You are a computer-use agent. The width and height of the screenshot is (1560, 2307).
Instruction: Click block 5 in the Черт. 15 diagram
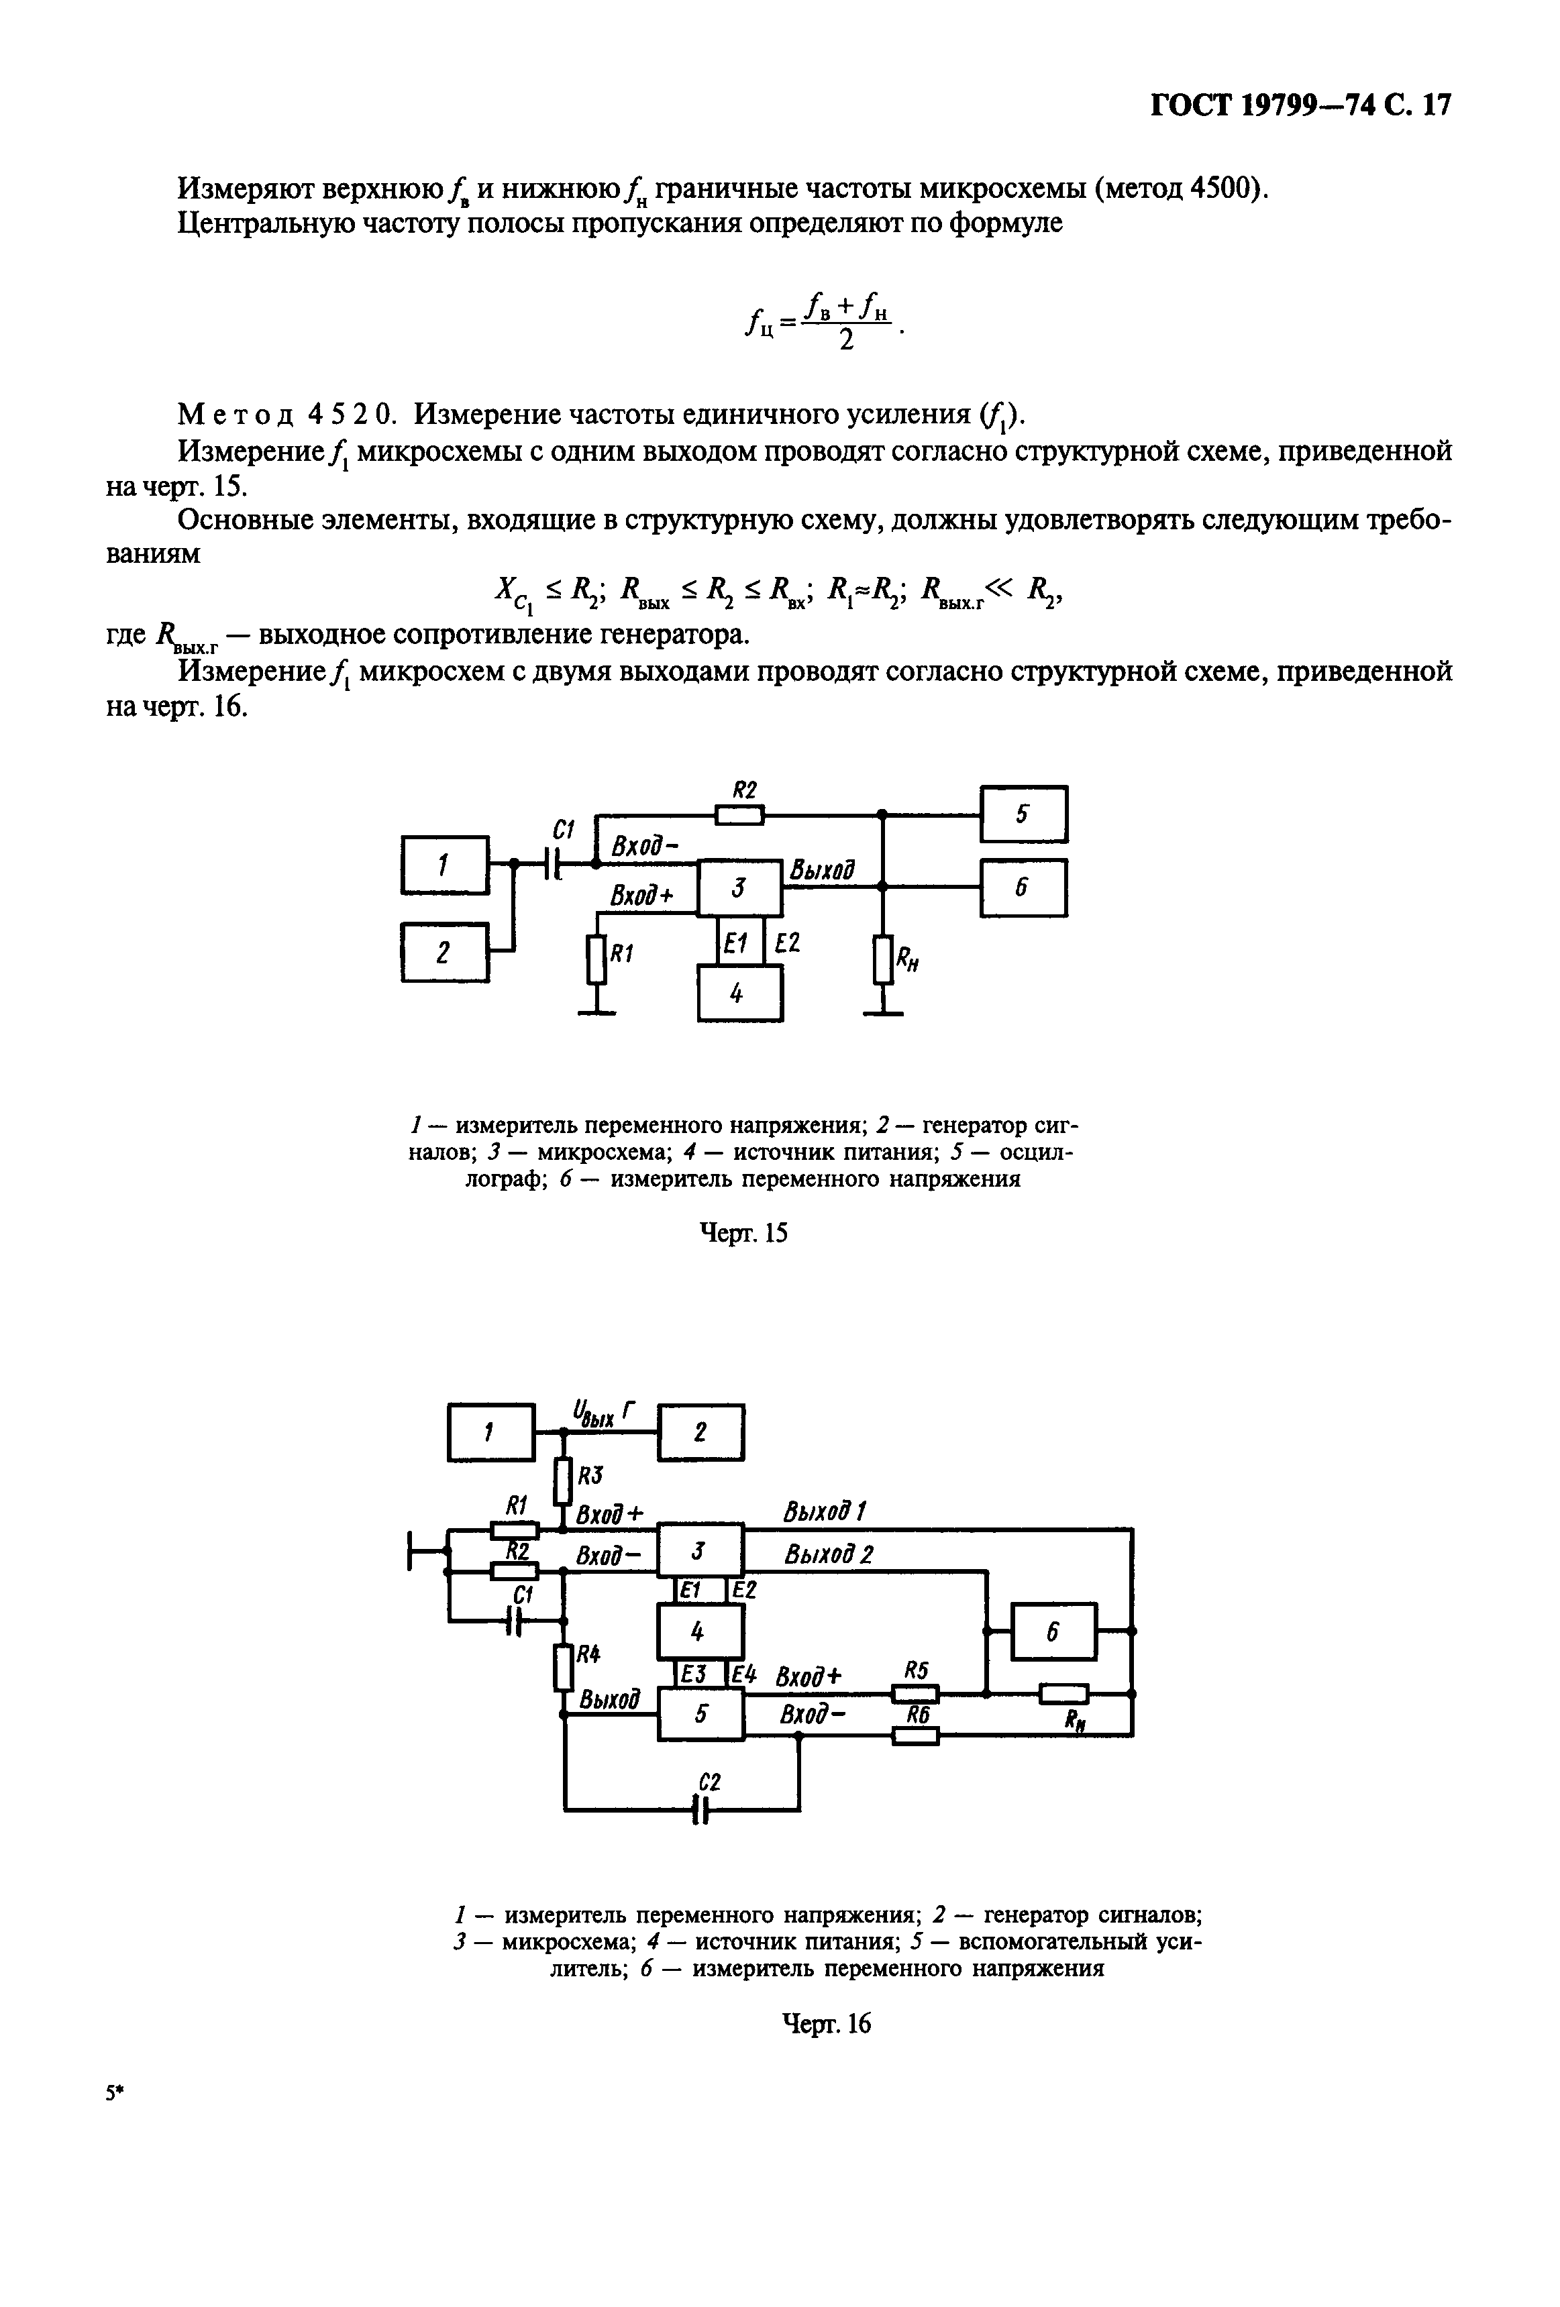click(1023, 814)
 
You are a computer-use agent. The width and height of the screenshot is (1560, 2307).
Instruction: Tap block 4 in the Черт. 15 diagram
click(739, 993)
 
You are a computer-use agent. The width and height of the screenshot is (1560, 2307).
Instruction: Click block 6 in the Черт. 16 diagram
click(1053, 1630)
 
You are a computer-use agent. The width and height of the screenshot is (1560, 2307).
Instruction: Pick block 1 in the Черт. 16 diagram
click(490, 1432)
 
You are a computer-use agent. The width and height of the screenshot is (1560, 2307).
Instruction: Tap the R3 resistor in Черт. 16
click(563, 1480)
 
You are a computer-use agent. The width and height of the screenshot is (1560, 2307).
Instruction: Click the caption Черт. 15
click(743, 1233)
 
